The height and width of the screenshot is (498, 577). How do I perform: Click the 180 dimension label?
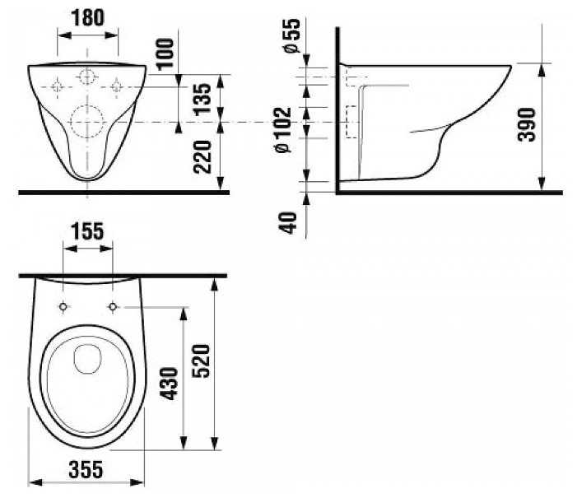click(x=87, y=17)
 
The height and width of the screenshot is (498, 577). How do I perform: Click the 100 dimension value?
click(x=165, y=54)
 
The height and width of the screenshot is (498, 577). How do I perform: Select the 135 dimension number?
click(x=202, y=100)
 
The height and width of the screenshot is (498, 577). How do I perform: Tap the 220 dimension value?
click(x=202, y=156)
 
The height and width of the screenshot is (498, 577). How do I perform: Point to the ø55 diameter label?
click(x=292, y=35)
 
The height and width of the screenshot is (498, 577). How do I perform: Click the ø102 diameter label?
click(x=283, y=129)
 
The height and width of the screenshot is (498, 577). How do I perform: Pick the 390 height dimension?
click(x=526, y=124)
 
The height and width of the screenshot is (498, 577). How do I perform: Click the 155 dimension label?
click(x=87, y=231)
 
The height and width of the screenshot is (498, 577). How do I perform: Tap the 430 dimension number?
click(x=170, y=383)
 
